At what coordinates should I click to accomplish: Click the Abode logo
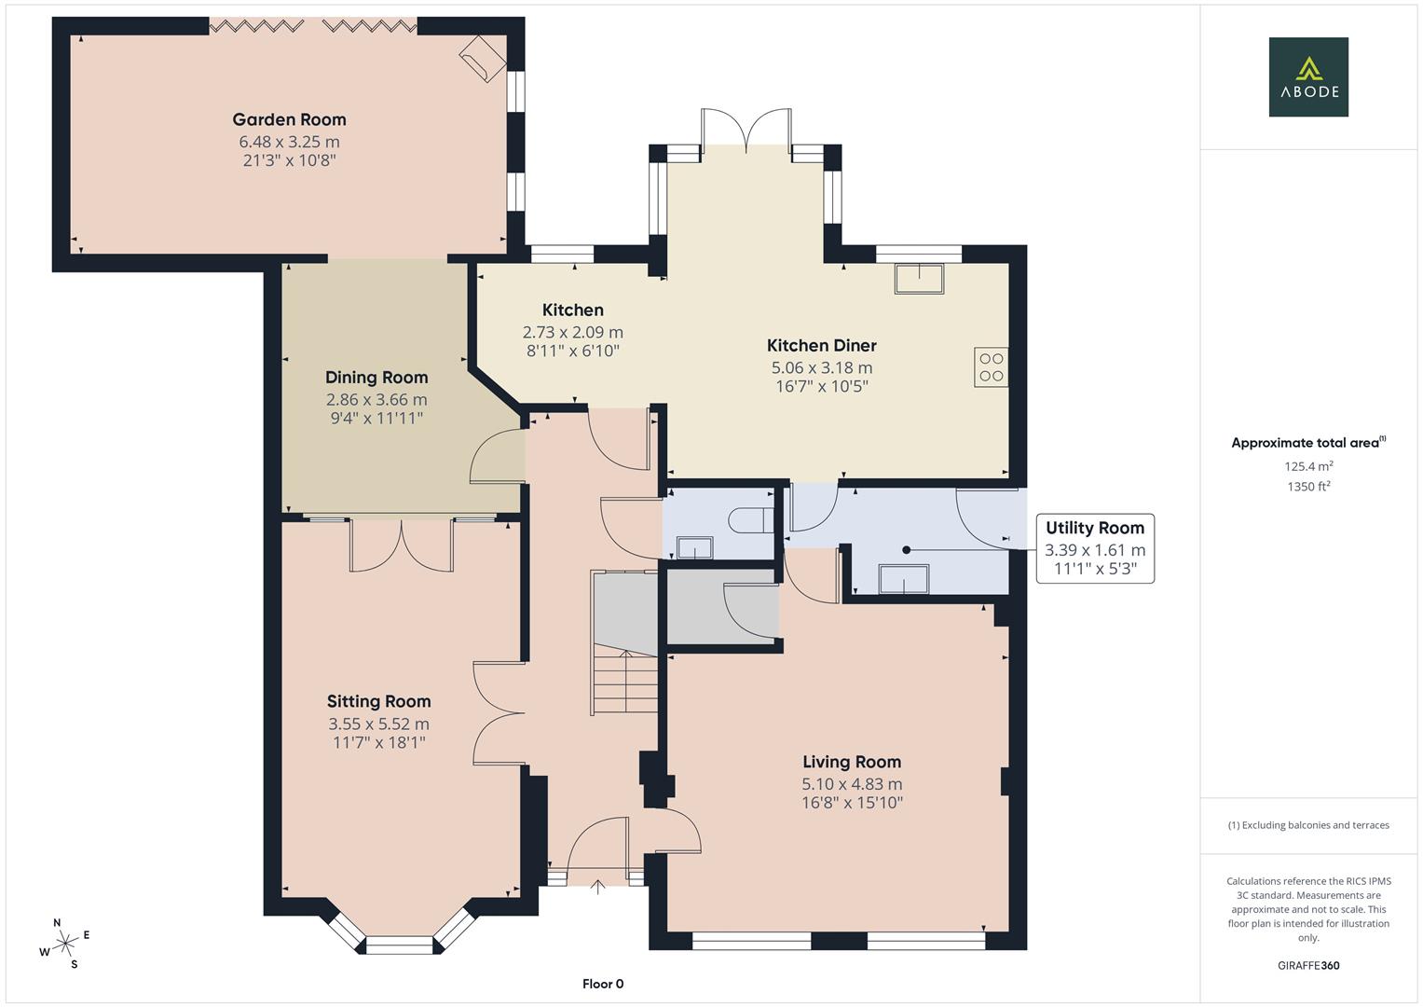pos(1307,76)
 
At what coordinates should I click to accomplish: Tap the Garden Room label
pos(289,119)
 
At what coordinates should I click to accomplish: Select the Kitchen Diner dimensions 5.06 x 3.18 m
pos(821,367)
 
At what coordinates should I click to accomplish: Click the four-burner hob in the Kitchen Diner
pos(991,367)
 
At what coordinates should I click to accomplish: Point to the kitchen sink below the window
pos(918,279)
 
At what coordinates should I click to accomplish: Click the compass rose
pos(65,944)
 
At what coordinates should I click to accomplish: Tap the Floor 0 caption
pos(603,984)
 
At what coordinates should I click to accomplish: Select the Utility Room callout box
pos(1095,548)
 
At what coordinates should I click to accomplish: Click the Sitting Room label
pos(378,701)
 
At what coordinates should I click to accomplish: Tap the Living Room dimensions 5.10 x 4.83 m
pos(852,784)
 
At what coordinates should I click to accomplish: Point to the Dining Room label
pos(376,377)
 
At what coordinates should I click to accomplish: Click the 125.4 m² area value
pos(1307,466)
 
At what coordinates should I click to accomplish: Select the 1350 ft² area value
pos(1307,486)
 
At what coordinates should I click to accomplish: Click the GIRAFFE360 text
pos(1307,965)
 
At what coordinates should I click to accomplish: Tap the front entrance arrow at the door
pos(598,886)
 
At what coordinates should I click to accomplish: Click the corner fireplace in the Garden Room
pos(483,58)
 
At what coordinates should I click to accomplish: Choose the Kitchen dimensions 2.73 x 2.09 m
pos(573,332)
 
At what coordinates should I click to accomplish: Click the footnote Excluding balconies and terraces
pos(1307,825)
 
